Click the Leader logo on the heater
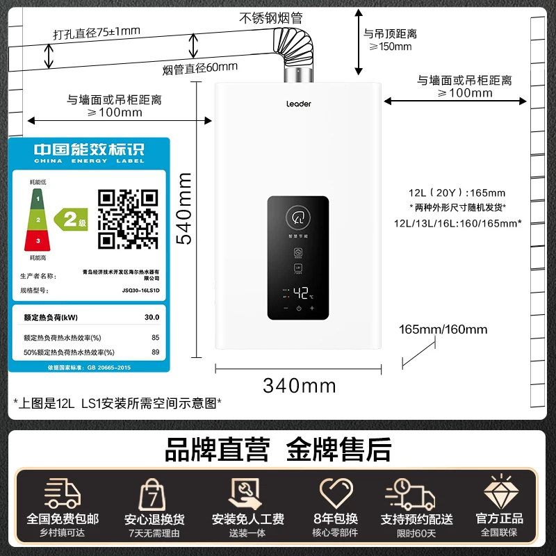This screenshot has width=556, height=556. [x=299, y=104]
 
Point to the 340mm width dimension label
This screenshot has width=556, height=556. [x=299, y=385]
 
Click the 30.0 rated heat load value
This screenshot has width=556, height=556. [x=152, y=317]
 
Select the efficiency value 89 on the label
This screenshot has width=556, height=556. [x=155, y=352]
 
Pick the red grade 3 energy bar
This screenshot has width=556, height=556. [x=39, y=240]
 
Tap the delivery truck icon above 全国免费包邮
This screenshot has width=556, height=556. [x=63, y=493]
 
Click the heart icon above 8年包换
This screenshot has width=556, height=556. [x=336, y=493]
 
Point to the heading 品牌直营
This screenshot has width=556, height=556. [x=216, y=449]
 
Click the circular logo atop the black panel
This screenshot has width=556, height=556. [x=298, y=216]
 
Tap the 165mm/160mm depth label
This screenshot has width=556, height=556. [x=443, y=329]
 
